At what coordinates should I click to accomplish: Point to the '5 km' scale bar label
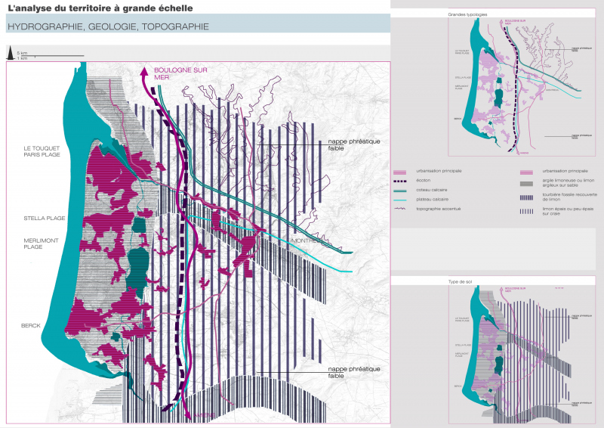[x=23, y=52]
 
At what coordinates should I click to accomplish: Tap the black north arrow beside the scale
[x=10, y=53]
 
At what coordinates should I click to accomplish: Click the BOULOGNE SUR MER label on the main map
[x=180, y=73]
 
